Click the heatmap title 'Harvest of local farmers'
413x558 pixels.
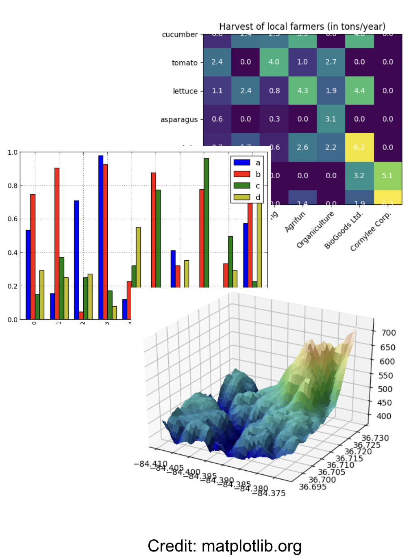click(302, 27)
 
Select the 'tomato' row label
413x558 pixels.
click(185, 63)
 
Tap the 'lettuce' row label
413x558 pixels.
click(185, 91)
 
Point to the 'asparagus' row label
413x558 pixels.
click(179, 120)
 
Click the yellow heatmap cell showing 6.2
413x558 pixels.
click(359, 147)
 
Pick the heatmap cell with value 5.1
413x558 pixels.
click(387, 176)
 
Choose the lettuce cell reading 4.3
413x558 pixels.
click(302, 91)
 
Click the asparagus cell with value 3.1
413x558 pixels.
click(331, 119)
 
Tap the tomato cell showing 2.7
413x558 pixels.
click(331, 62)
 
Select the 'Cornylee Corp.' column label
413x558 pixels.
click(370, 231)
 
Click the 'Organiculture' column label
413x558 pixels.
click(315, 229)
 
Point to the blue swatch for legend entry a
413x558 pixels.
click(241, 162)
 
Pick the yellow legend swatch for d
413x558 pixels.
click(241, 197)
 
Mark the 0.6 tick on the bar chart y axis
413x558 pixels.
click(13, 219)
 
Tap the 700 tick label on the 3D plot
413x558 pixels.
click(388, 333)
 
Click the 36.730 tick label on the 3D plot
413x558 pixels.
click(375, 438)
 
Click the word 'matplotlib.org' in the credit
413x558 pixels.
click(251, 546)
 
